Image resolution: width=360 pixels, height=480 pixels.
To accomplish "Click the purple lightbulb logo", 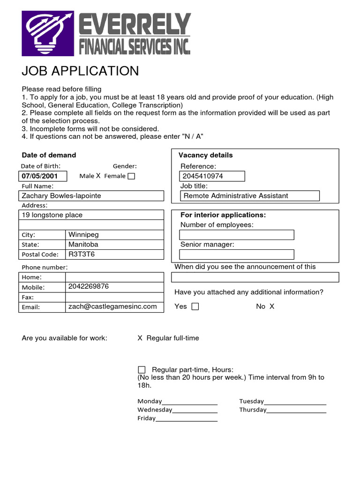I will click(x=48, y=34).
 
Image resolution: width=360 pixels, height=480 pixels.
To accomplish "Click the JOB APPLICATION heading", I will click(x=80, y=71).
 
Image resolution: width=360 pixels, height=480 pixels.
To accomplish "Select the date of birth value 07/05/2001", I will click(x=39, y=176).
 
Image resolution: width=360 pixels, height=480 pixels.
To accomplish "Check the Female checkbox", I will click(x=131, y=176).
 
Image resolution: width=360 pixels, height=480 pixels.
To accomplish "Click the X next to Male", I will click(x=98, y=176).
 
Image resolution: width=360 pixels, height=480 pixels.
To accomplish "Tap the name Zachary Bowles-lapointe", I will click(x=61, y=195).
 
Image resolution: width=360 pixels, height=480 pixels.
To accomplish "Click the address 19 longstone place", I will click(x=52, y=215).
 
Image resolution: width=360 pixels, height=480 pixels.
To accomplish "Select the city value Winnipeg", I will click(x=83, y=234).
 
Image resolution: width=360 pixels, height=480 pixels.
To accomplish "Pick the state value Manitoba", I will click(x=83, y=244).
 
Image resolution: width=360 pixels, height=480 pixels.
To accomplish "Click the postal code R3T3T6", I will click(x=82, y=254).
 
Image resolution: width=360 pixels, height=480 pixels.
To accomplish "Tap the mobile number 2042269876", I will click(x=88, y=286).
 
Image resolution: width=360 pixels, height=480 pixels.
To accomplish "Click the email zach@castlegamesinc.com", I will click(x=112, y=307).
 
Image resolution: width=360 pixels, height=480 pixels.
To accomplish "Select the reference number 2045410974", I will click(x=203, y=176).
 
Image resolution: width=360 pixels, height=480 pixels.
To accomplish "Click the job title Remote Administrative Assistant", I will click(x=236, y=196).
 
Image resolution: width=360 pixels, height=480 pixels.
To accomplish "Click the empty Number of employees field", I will click(x=237, y=235).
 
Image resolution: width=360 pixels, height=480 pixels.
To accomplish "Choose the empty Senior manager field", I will click(x=237, y=255).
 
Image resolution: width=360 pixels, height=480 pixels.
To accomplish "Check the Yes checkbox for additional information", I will click(x=195, y=307).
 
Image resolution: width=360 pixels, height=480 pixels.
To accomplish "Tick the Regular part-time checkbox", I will click(x=142, y=370).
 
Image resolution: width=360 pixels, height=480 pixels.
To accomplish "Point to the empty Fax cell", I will click(x=114, y=297).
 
